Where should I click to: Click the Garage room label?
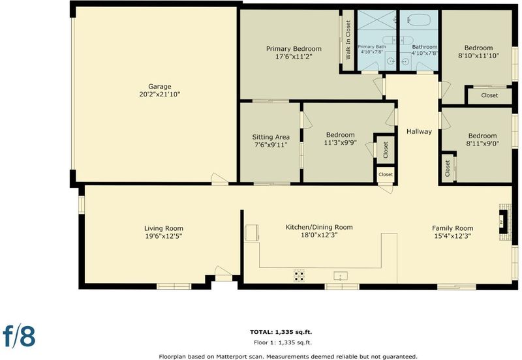click(x=160, y=87)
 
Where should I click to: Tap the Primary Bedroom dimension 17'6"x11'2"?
click(x=294, y=57)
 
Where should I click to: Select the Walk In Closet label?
click(x=348, y=40)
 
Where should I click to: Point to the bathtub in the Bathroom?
click(x=418, y=20)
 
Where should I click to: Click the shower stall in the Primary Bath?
click(x=377, y=20)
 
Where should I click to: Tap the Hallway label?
click(x=419, y=132)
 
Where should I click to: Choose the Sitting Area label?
click(x=271, y=137)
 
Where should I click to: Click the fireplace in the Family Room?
click(x=504, y=221)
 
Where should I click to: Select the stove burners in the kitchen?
click(x=299, y=275)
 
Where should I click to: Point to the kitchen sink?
click(x=341, y=276)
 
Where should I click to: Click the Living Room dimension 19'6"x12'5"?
click(x=164, y=236)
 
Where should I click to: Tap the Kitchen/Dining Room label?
click(x=319, y=227)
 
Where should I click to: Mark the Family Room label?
click(x=452, y=228)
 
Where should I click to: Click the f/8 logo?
click(x=19, y=335)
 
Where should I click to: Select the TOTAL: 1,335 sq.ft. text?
click(x=281, y=332)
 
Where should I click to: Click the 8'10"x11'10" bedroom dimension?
click(x=478, y=56)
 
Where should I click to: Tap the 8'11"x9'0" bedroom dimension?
click(x=482, y=143)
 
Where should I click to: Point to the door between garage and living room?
click(x=220, y=179)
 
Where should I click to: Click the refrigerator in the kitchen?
click(x=251, y=233)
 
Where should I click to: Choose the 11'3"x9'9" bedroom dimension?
click(x=340, y=143)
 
